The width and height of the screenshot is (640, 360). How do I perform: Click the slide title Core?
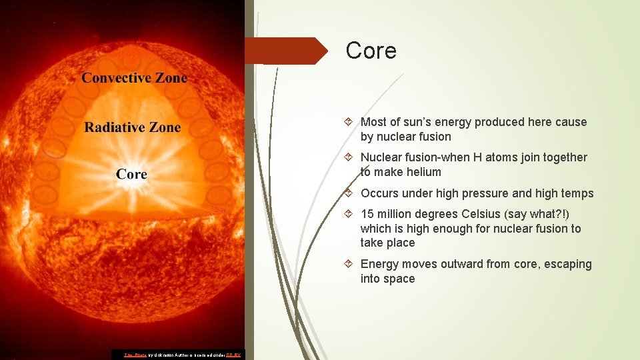[371, 51]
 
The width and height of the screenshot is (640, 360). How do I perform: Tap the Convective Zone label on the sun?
[134, 78]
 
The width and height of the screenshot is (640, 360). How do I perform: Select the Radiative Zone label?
[133, 127]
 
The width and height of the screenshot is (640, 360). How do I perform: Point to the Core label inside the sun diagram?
[131, 174]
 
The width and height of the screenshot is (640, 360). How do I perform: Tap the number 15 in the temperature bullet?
[367, 214]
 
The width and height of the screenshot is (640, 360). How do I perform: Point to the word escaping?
[560, 264]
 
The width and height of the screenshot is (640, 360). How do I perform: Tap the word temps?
[577, 193]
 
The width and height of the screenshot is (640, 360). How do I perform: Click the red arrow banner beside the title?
[287, 51]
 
